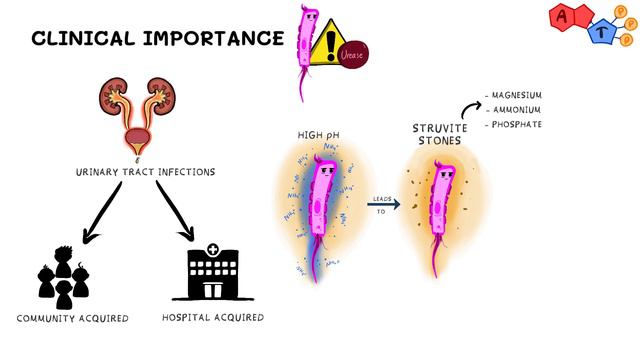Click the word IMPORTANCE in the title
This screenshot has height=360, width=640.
tap(213, 39)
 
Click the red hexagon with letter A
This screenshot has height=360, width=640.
tap(563, 17)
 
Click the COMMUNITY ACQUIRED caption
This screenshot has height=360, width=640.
tap(72, 318)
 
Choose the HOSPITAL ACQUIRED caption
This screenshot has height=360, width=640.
tap(213, 318)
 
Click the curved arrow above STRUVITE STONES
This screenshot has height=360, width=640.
tap(467, 108)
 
